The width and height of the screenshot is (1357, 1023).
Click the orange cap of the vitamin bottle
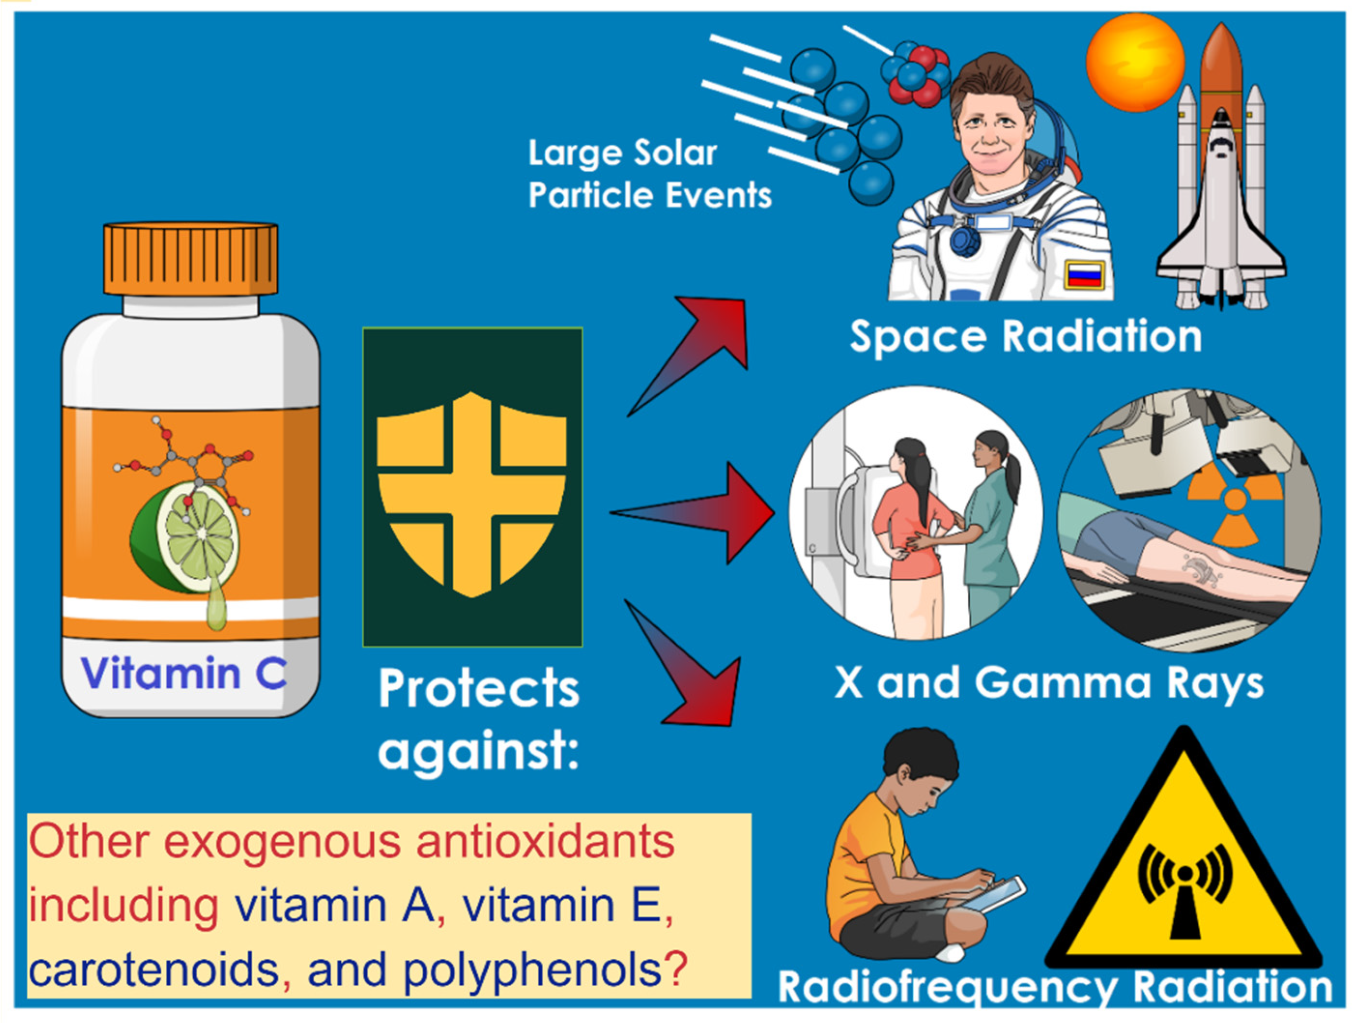190,259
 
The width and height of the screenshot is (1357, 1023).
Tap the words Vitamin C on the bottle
183,673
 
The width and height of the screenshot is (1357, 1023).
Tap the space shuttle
1221,184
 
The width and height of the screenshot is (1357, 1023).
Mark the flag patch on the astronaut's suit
1084,274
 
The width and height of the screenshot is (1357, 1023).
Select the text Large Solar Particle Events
649,174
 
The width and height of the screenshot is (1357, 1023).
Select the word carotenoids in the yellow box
154,971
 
